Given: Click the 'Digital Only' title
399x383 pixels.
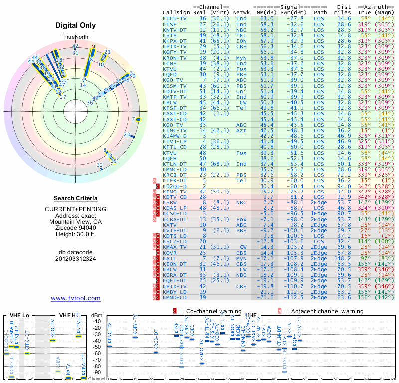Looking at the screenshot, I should tap(76, 25).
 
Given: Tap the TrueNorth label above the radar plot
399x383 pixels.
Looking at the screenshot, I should tap(75, 38).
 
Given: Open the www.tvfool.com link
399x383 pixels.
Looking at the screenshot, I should tap(76, 298).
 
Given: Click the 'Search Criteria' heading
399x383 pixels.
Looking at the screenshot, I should tap(76, 198).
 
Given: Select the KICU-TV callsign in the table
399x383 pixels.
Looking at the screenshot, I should tap(175, 18).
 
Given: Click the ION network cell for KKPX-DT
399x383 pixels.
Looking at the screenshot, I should tap(242, 40).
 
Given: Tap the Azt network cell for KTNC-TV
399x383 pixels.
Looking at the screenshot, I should tap(242, 130).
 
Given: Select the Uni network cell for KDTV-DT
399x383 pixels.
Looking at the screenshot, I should tap(242, 91).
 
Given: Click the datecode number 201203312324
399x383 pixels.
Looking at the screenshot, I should tap(76, 258).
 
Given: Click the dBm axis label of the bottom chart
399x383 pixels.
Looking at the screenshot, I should tap(96, 315).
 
